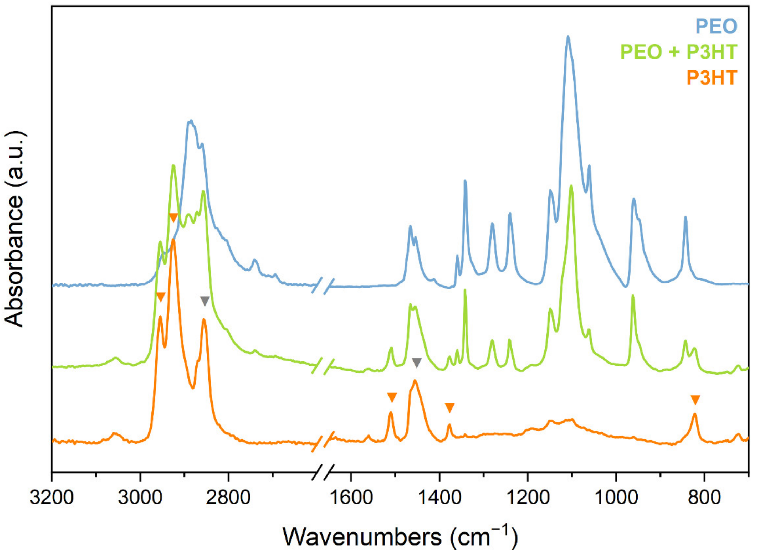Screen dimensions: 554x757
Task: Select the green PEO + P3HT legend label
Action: (678, 52)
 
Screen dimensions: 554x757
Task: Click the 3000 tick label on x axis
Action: (140, 497)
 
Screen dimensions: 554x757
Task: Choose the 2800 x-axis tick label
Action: (228, 497)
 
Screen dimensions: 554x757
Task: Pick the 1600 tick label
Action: (351, 497)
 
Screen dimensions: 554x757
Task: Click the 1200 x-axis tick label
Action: (528, 497)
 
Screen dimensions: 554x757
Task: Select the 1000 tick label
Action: (616, 497)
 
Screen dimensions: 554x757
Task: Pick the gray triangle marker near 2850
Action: (205, 301)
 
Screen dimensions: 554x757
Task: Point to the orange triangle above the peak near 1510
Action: (392, 397)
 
